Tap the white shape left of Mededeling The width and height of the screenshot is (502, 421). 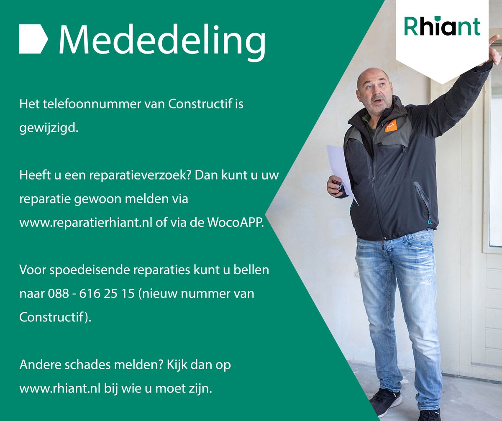(33, 39)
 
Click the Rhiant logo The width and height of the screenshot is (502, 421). (442, 27)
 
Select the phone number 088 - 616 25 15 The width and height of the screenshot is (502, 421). (88, 293)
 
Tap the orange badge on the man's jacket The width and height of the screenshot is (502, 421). (390, 125)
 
